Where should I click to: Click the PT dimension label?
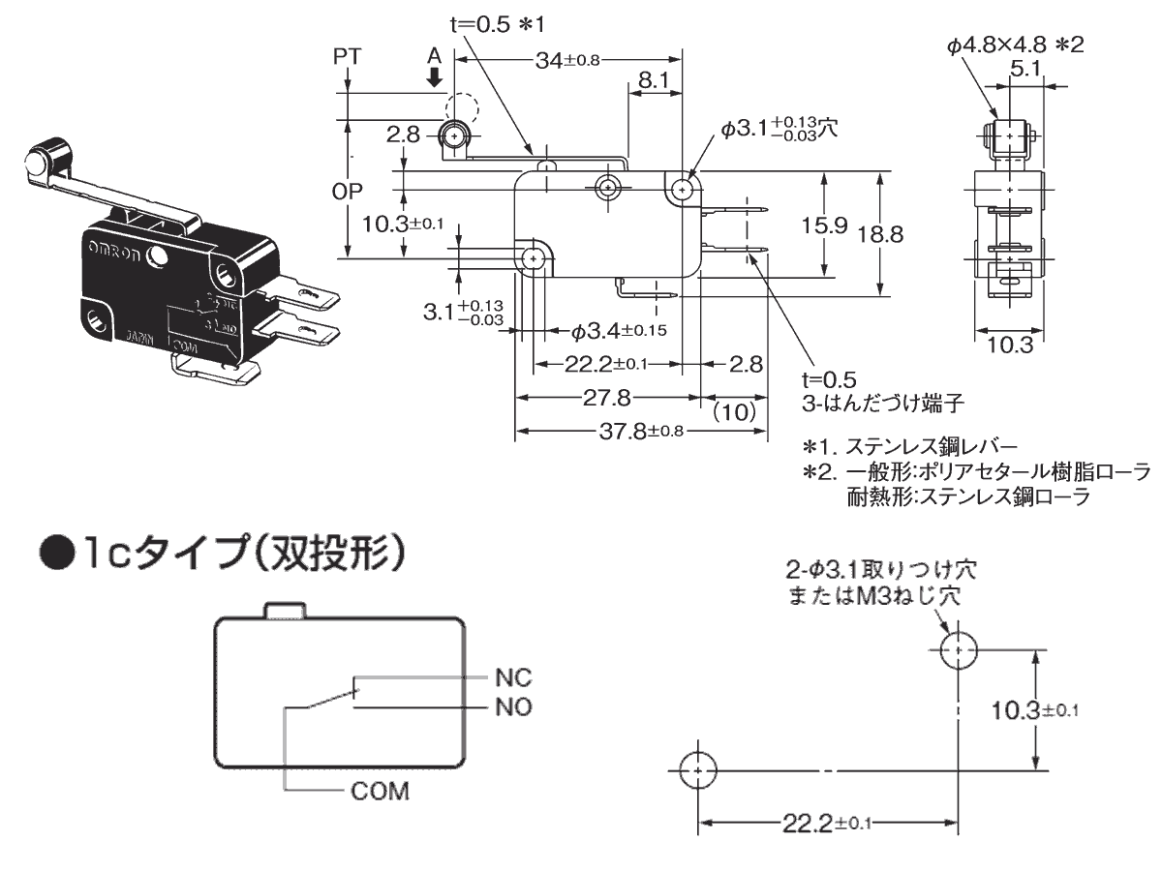pyautogui.click(x=346, y=56)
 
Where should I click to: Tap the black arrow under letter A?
pyautogui.click(x=436, y=76)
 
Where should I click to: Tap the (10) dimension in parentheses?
pyautogui.click(x=733, y=411)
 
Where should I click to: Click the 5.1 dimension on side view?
pyautogui.click(x=1024, y=68)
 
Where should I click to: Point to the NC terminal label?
pyautogui.click(x=513, y=677)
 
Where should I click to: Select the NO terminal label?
pyautogui.click(x=513, y=706)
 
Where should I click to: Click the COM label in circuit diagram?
pyautogui.click(x=380, y=791)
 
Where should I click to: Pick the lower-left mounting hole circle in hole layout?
pyautogui.click(x=697, y=770)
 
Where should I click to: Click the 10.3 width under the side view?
pyautogui.click(x=1010, y=345)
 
